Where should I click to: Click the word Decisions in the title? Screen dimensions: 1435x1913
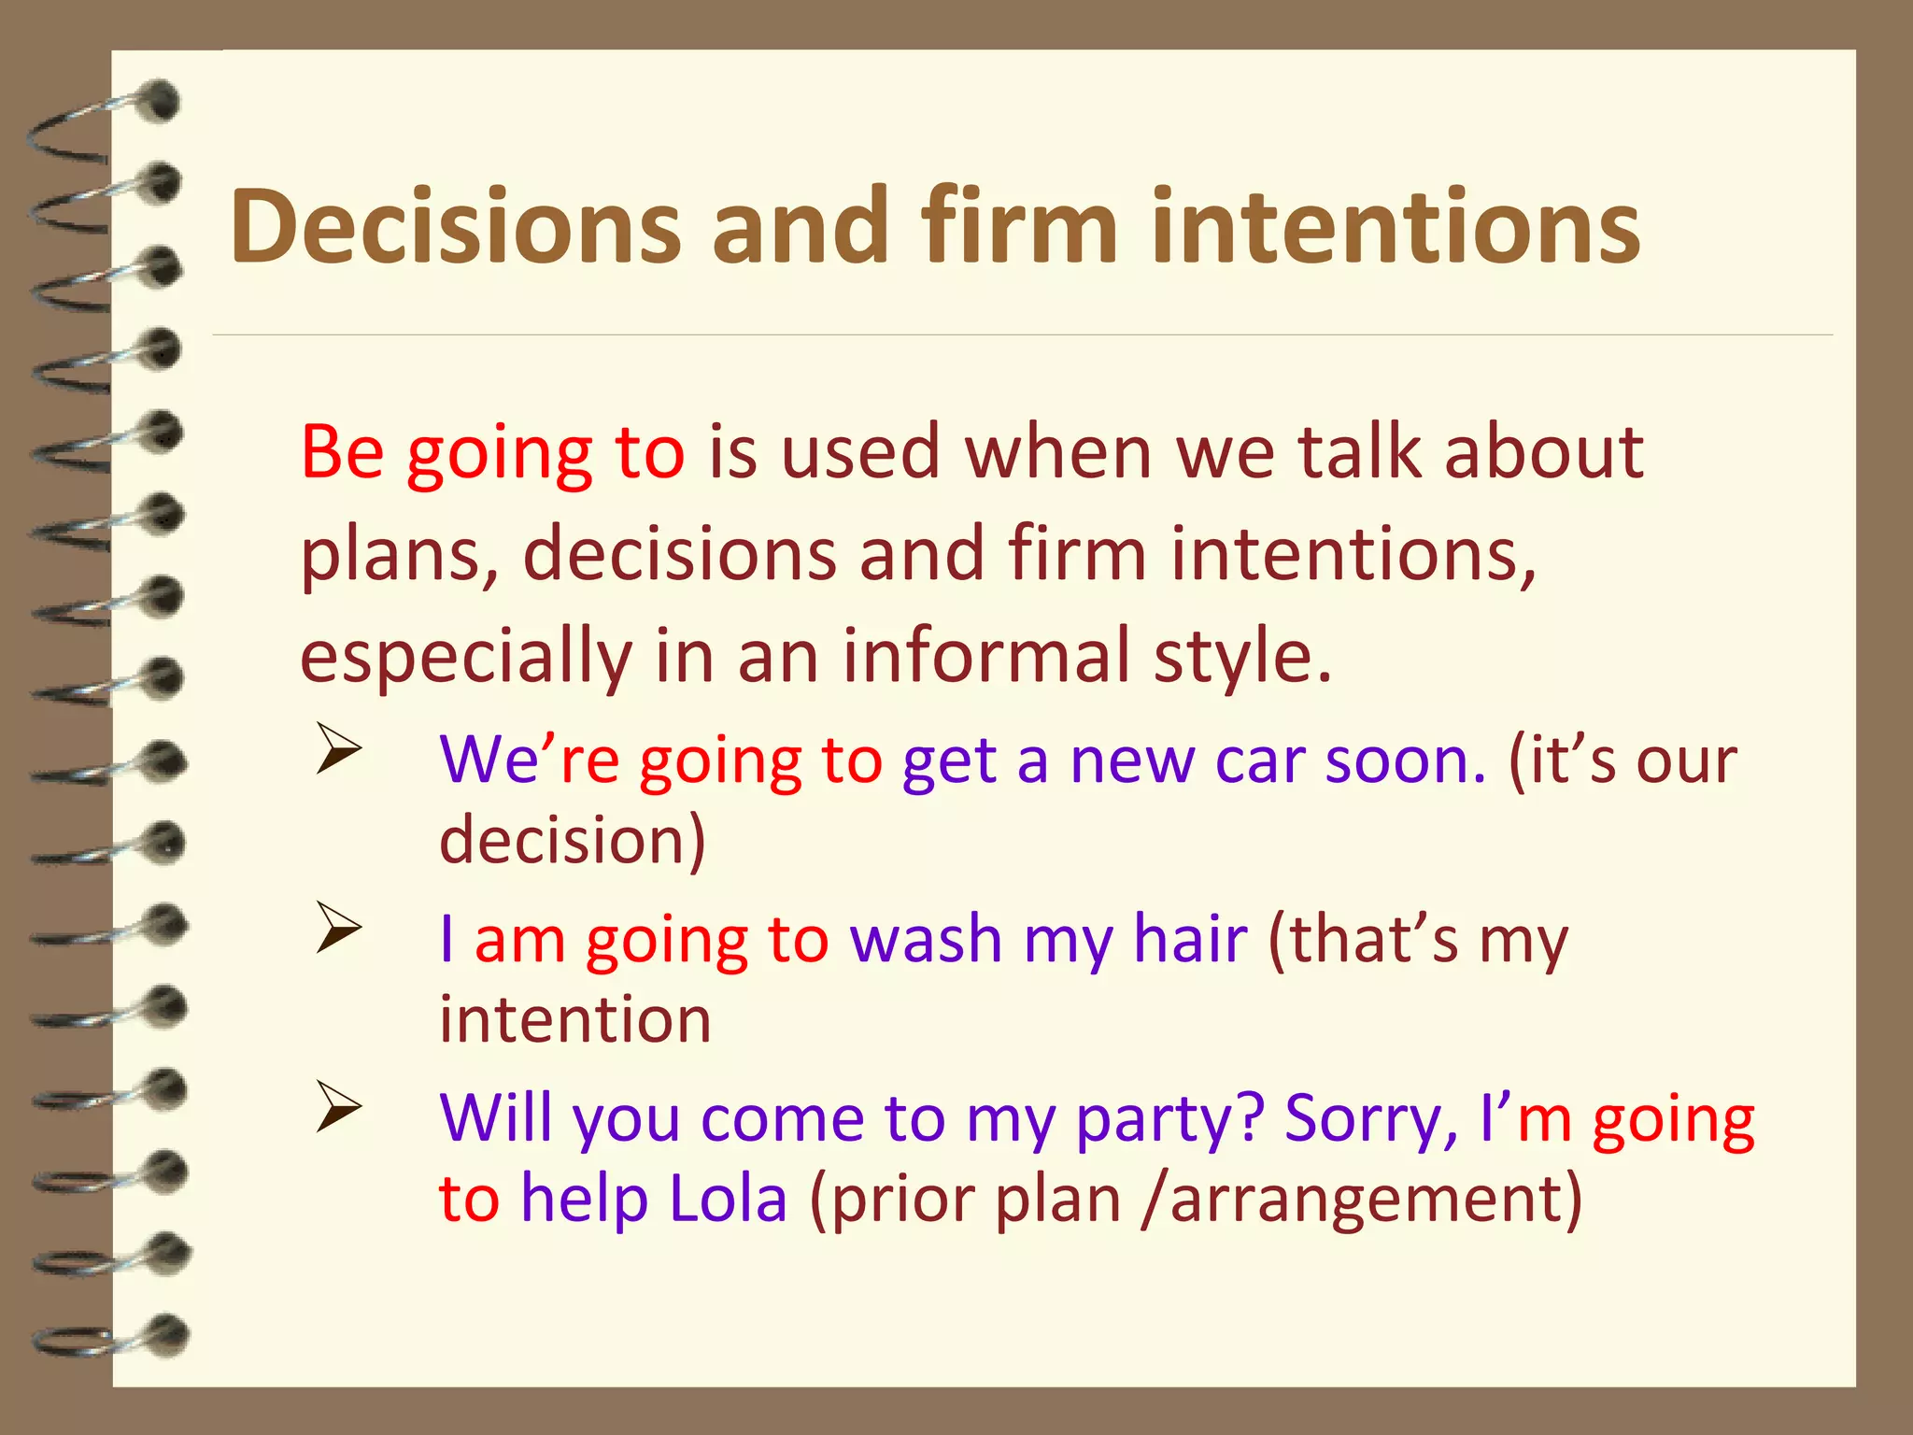point(456,227)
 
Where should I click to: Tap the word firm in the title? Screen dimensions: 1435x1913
point(1019,227)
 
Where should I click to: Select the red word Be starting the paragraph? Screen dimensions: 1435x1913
point(342,452)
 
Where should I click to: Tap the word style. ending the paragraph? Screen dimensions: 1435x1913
point(1242,658)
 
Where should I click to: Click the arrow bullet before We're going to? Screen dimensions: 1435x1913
point(338,749)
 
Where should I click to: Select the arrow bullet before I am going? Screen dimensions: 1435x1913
point(338,928)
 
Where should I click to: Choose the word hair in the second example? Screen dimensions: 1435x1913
point(1190,939)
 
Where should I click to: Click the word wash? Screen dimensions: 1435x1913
point(926,939)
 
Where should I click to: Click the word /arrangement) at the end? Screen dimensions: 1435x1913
point(1362,1201)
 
